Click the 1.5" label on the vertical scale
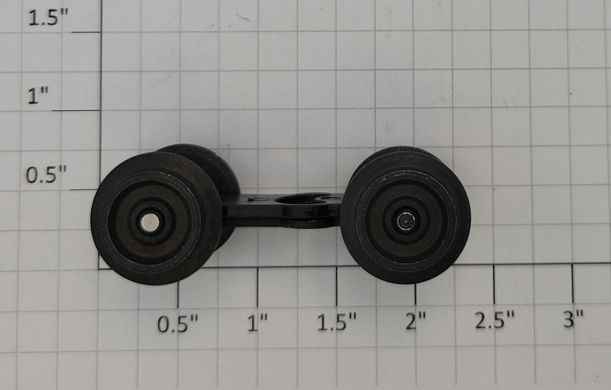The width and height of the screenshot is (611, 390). point(48,17)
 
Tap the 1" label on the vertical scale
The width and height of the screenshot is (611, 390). point(39,95)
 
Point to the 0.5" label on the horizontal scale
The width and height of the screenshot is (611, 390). point(178,323)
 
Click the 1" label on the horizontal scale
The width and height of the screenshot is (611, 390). point(258,322)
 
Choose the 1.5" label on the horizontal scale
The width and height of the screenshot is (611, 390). point(337,322)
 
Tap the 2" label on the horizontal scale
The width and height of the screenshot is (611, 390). point(415,321)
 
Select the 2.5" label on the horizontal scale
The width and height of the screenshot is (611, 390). point(494,319)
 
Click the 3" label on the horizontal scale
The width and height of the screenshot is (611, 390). point(573,319)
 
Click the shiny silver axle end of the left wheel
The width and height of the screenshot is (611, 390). point(150,221)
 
